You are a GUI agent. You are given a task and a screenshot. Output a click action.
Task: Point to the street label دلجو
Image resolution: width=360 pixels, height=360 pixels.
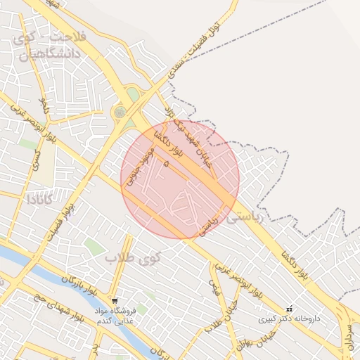[44, 105]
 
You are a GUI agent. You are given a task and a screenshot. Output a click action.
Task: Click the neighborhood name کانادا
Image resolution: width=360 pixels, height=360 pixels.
[41, 199]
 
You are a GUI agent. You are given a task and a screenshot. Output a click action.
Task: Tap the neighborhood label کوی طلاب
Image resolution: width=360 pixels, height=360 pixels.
[134, 258]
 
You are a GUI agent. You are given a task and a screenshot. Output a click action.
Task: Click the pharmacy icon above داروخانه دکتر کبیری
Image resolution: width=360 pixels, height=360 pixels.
[289, 309]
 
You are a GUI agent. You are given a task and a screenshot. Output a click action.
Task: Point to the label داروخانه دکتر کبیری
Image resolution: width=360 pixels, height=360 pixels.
[289, 319]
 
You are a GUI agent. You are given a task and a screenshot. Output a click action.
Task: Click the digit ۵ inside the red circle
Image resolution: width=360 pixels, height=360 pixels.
[166, 163]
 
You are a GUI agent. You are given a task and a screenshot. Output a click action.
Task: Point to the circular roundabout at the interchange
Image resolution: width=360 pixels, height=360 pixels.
[120, 111]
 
